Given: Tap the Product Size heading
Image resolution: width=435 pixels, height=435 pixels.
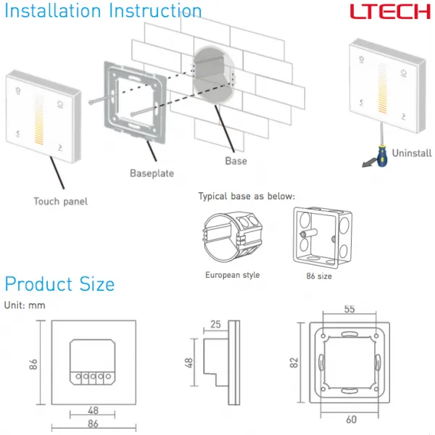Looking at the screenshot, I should pos(59,283).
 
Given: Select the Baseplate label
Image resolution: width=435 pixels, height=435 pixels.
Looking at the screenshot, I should pos(152,173).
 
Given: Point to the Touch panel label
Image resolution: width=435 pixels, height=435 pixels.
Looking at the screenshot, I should pos(60,201).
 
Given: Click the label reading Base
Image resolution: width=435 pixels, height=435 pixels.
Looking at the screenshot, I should pos(236,161).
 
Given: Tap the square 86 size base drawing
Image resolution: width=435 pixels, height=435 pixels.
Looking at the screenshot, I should pos(321,235).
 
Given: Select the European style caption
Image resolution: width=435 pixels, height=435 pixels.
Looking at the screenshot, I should pos(232,275).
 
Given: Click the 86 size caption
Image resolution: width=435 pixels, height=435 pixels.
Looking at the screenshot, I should pos(320,275).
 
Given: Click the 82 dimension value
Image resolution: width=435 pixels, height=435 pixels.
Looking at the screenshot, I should pos(294,361).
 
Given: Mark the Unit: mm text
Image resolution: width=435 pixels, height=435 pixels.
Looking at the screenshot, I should pos(25,305).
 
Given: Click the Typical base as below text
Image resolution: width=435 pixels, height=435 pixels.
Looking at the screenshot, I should pos(246,196).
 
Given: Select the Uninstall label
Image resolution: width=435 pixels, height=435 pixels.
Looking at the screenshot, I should pos(412,153).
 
